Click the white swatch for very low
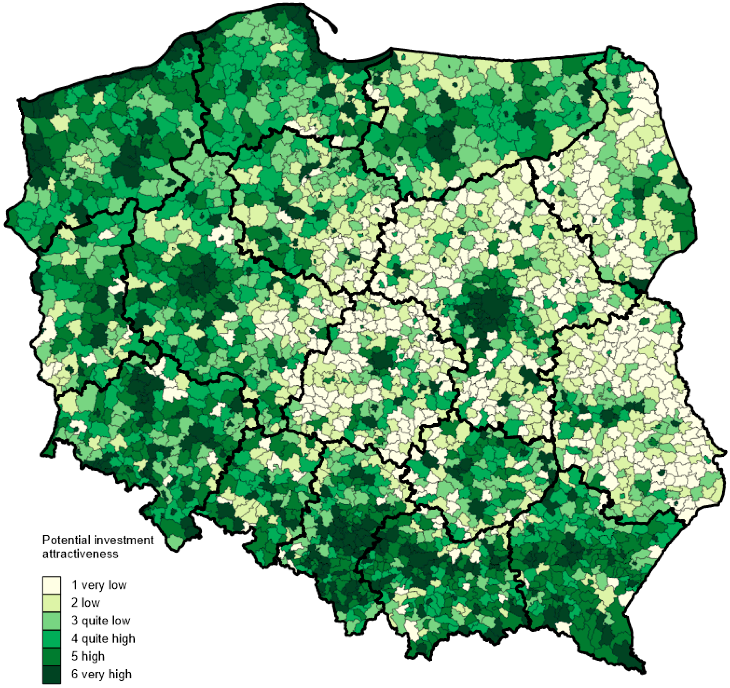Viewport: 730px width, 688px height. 51,585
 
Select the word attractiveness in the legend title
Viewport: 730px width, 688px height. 80,554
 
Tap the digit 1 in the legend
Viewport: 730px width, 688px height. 74,585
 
